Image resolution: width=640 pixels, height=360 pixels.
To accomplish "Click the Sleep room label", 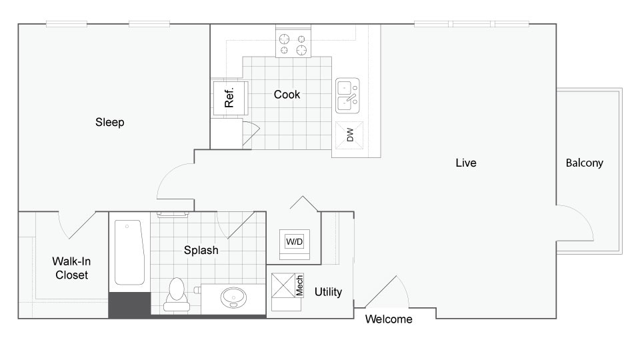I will [110, 123].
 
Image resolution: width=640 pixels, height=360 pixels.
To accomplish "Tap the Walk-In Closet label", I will [70, 268].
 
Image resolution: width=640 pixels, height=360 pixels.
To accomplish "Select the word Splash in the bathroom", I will [201, 251].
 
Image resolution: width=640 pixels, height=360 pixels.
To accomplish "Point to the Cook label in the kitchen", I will [287, 95].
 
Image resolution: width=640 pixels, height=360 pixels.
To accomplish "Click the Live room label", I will [465, 163].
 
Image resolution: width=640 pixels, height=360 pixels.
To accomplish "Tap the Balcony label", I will [584, 163].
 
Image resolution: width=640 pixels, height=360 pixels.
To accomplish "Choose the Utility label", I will [328, 292].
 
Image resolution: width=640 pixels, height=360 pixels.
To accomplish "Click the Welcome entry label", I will [389, 319].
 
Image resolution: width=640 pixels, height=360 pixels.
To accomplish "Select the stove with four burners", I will [294, 44].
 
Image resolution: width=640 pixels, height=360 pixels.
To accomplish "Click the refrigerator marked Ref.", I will [229, 99].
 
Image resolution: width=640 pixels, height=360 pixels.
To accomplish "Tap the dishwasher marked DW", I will [349, 135].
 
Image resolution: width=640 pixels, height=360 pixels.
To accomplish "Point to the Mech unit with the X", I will [287, 285].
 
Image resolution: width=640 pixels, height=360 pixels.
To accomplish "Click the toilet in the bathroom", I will [177, 293].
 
